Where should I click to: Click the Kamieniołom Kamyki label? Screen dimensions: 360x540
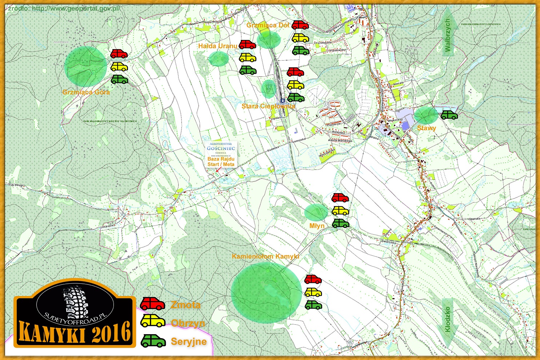coord(265,256)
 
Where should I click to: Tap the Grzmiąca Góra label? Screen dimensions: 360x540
coord(86,92)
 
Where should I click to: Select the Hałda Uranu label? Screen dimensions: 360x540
coord(217,46)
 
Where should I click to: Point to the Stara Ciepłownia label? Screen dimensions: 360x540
coord(268,106)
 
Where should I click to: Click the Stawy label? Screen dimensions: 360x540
coord(427,128)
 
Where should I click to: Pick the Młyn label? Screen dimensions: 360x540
coord(317,226)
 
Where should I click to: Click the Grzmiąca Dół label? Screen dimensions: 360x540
coord(268,25)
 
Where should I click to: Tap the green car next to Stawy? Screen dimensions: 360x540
coord(449,115)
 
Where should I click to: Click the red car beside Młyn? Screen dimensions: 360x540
coord(340,198)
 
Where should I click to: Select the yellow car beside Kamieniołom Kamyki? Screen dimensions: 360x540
coord(313,292)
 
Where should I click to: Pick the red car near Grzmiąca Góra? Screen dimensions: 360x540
coord(119,54)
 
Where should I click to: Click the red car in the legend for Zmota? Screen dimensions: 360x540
coord(152,304)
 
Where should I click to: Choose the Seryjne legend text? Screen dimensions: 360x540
coord(189,341)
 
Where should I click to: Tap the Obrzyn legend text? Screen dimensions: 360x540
coord(188,323)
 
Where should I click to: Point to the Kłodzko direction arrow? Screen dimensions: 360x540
coord(448,320)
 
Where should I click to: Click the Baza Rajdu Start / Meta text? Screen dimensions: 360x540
coord(221,161)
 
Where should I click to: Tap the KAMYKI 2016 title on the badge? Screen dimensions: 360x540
coord(75,332)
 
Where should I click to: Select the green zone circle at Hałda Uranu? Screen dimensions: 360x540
coord(219,58)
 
